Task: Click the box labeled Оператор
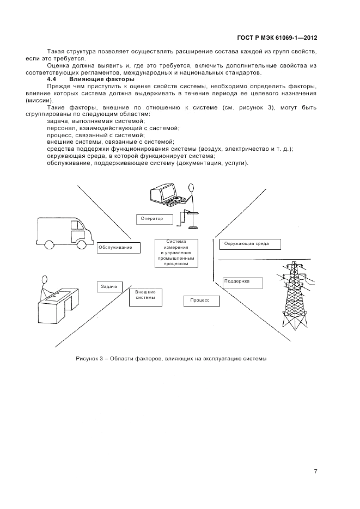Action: click(153, 219)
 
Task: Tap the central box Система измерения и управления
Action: click(176, 253)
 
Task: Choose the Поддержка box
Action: click(242, 283)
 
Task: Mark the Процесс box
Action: click(200, 301)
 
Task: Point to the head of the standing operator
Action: click(191, 188)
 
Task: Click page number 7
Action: click(315, 471)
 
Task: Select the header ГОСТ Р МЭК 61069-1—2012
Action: click(277, 38)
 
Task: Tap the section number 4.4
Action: click(53, 80)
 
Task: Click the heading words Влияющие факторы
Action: click(101, 80)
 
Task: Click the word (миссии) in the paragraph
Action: click(40, 101)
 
